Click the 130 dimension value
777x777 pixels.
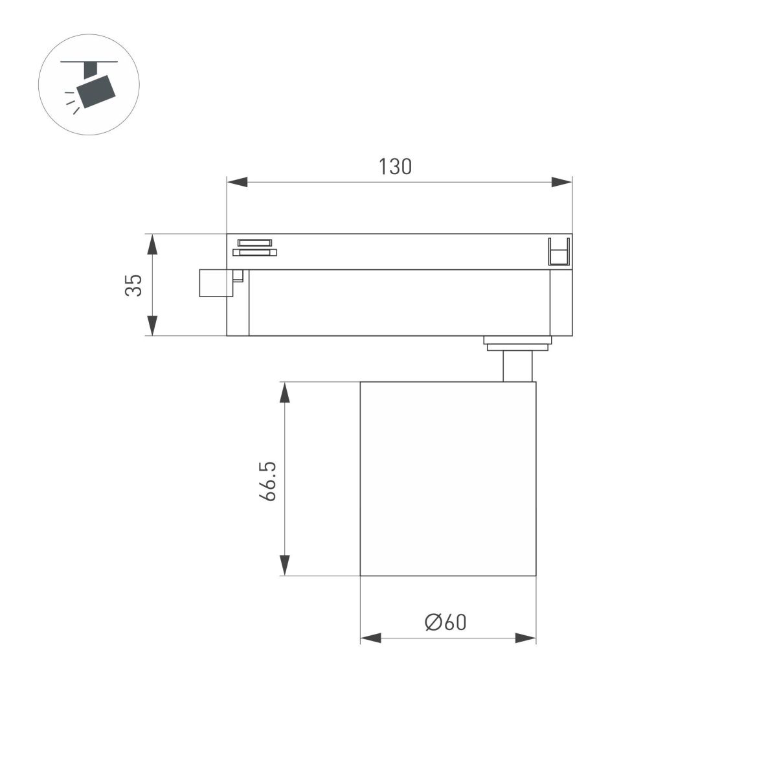395,166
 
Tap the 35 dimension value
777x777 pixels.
133,285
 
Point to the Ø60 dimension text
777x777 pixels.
445,622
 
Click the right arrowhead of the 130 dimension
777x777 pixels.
561,182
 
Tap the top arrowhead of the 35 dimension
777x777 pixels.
152,245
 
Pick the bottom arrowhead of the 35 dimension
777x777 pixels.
152,325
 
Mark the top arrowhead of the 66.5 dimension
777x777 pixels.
284,393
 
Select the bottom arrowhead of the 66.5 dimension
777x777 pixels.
284,565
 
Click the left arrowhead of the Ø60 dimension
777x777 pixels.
370,638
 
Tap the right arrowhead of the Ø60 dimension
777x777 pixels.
526,638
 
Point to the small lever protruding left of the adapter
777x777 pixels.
214,283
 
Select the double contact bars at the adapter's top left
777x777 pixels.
256,247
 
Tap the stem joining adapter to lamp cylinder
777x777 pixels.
518,366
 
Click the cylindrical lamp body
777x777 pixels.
448,479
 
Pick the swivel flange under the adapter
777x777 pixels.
517,343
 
